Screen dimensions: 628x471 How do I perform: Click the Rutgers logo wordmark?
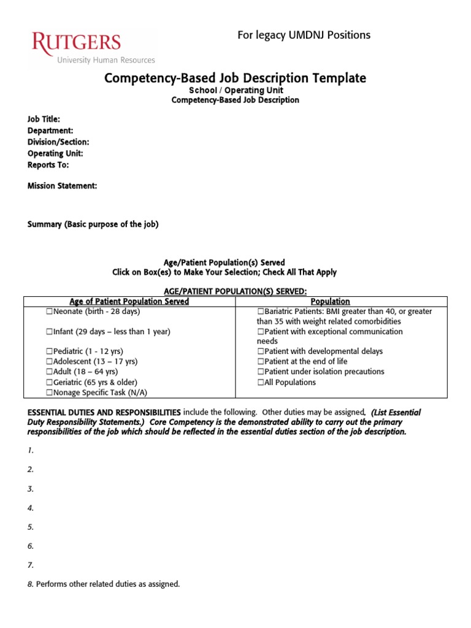[x=76, y=44]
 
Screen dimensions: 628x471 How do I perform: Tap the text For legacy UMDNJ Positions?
[x=304, y=35]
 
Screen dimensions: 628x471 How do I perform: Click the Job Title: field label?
[x=44, y=119]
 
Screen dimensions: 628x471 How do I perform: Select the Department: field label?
[x=50, y=131]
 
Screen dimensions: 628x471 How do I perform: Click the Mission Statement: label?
[x=62, y=186]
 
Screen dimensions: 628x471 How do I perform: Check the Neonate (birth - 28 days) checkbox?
[x=49, y=312]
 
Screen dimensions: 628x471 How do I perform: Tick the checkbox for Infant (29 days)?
[x=49, y=332]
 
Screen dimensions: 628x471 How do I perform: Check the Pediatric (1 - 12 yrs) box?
[x=49, y=351]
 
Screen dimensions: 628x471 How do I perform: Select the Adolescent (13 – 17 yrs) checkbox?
[x=49, y=362]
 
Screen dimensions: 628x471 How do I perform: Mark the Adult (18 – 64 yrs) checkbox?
[x=49, y=372]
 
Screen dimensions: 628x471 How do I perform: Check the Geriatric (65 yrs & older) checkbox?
[x=49, y=382]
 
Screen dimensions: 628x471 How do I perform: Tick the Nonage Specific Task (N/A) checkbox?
[x=49, y=392]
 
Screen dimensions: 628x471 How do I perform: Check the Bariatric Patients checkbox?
[x=261, y=312]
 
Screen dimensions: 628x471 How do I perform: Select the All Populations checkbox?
[x=261, y=383]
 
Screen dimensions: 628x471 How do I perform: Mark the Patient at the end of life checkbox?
[x=261, y=362]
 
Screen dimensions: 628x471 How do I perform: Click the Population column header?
[x=331, y=301]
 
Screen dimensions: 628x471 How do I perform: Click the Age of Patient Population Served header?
[x=129, y=301]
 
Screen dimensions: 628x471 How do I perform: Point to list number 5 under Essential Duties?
[x=30, y=527]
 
